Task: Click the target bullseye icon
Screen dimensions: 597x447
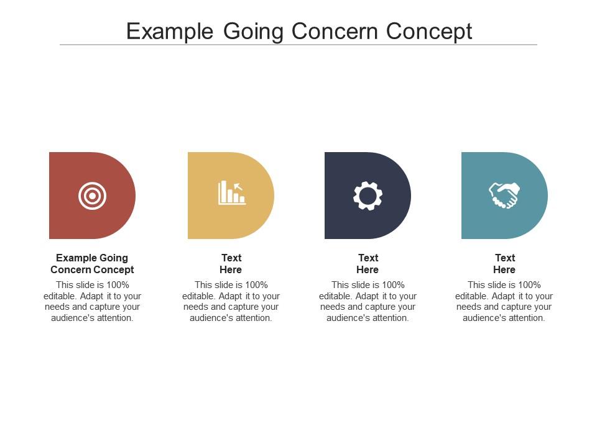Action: coord(92,196)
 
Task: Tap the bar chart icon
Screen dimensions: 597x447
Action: coord(232,193)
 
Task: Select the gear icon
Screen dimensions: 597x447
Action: coord(368,196)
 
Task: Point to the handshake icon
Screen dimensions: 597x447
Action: coord(504,196)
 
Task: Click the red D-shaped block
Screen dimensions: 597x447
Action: coord(92,196)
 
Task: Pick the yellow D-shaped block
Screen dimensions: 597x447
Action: coord(231,196)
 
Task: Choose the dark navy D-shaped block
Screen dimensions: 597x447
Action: coord(368,196)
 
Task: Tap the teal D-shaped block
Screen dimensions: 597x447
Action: coord(504,196)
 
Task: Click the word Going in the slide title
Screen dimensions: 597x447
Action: coord(253,32)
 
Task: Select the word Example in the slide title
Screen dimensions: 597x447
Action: coord(170,32)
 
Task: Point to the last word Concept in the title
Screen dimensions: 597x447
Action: coord(429,32)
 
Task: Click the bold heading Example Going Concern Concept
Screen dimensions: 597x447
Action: coord(92,264)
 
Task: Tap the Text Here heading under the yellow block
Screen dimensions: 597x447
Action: coord(231,264)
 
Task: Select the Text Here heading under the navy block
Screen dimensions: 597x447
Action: coord(368,264)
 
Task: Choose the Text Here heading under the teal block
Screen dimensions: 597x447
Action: coord(504,264)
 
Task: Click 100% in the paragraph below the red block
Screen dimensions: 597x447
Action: coord(118,285)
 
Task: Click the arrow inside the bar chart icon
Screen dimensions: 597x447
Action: coord(238,187)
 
